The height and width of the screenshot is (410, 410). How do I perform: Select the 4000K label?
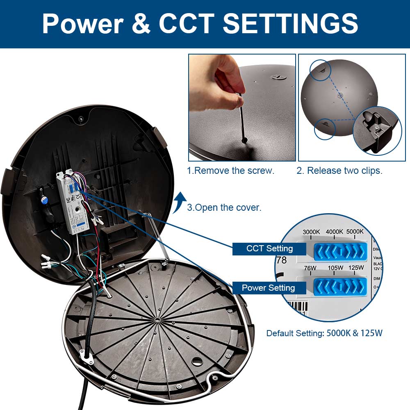pyautogui.click(x=335, y=232)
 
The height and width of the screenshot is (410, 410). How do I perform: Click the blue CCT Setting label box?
pyautogui.click(x=269, y=248)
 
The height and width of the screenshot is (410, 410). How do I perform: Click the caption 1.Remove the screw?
pyautogui.click(x=230, y=171)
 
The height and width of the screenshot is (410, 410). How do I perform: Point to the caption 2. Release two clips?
pyautogui.click(x=339, y=171)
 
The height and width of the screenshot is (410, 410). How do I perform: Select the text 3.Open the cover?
pyautogui.click(x=224, y=207)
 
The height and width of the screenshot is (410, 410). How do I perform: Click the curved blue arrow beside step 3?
pyautogui.click(x=179, y=203)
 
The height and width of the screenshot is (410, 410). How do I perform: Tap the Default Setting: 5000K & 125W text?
pyautogui.click(x=324, y=333)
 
